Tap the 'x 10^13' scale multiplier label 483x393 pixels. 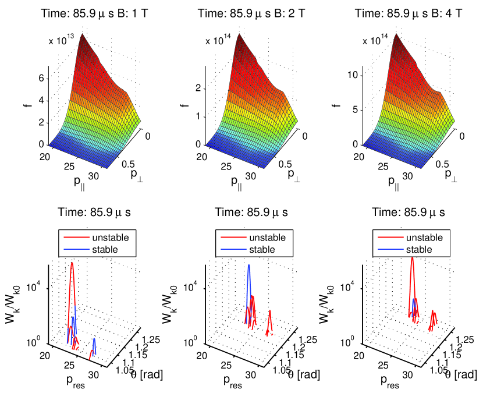pos(61,41)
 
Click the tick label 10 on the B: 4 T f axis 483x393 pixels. pos(354,75)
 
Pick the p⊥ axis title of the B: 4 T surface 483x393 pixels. pos(450,173)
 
